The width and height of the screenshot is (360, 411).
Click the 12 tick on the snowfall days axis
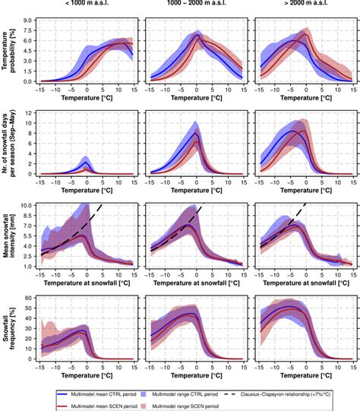pyautogui.click(x=30, y=112)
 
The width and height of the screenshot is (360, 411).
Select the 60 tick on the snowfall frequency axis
pyautogui.click(x=30, y=297)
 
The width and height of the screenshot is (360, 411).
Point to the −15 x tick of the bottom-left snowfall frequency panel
pyautogui.click(x=41, y=365)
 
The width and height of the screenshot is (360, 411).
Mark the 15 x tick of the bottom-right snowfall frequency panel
pyautogui.click(x=349, y=365)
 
